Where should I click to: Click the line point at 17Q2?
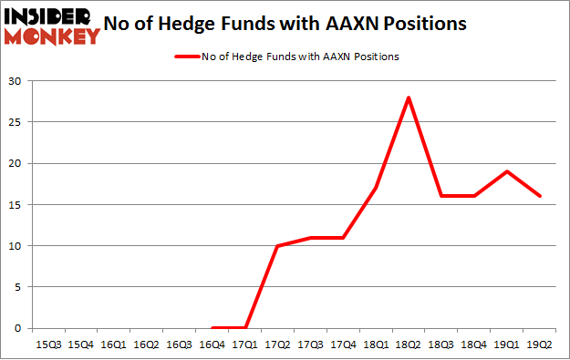coord(278,246)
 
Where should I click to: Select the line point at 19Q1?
coord(508,171)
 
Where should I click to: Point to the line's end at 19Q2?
coord(541,196)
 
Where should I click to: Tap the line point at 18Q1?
coord(377,188)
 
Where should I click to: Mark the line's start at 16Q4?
coord(212,328)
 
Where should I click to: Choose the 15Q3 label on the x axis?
coord(48,345)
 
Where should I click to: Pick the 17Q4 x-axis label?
coord(344,345)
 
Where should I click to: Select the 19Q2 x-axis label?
coord(541,345)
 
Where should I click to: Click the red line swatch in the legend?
coord(186,57)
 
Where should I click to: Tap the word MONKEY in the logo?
coord(52,36)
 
